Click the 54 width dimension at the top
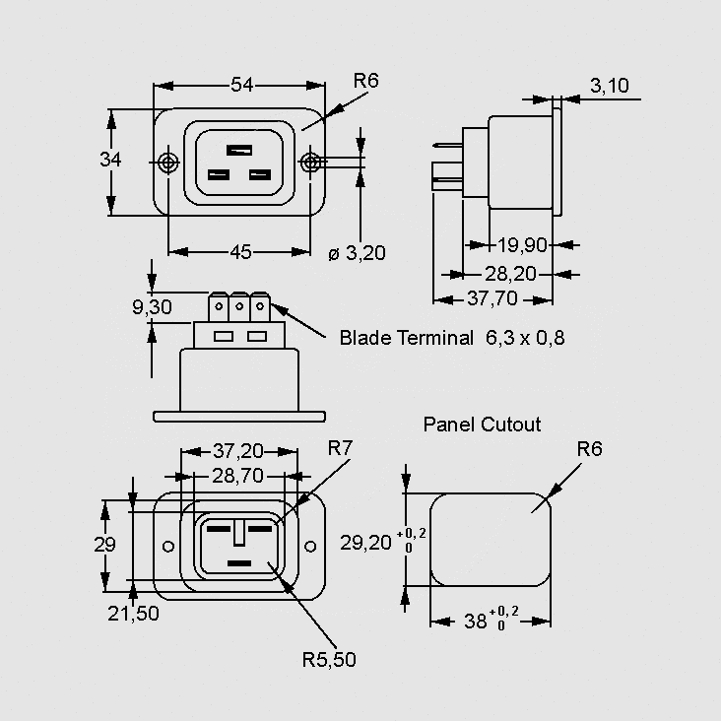pyautogui.click(x=242, y=86)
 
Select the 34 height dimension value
pyautogui.click(x=110, y=161)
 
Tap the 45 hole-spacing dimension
pyautogui.click(x=240, y=252)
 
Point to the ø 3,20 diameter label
pyautogui.click(x=357, y=253)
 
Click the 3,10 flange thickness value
pyautogui.click(x=609, y=86)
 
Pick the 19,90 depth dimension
pyautogui.click(x=523, y=244)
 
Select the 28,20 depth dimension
pyautogui.click(x=510, y=273)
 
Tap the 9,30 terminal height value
pyautogui.click(x=152, y=307)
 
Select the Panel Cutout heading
pyautogui.click(x=482, y=425)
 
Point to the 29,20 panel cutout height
pyautogui.click(x=366, y=542)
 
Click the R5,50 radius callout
pyautogui.click(x=329, y=660)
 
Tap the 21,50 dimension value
pyautogui.click(x=133, y=613)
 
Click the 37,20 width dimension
pyautogui.click(x=238, y=451)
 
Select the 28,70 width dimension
pyautogui.click(x=238, y=476)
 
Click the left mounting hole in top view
pyautogui.click(x=168, y=162)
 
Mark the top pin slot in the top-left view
pyautogui.click(x=239, y=150)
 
